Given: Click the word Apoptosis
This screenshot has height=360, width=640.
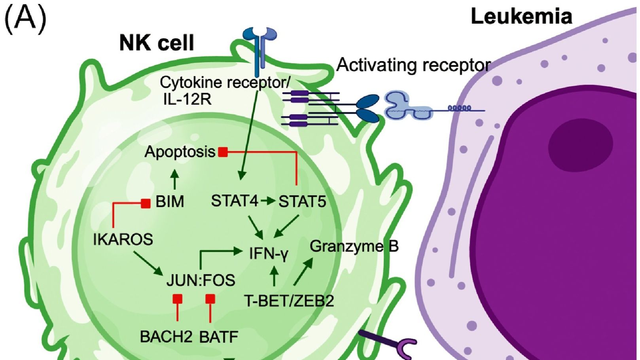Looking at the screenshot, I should click(x=180, y=152).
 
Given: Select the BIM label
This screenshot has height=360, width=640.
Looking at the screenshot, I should click(x=170, y=202).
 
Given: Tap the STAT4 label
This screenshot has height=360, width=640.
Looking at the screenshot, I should click(x=235, y=201).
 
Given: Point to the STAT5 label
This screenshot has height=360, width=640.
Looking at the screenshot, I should click(x=302, y=202).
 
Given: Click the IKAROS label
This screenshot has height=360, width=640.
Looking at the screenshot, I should click(x=123, y=239).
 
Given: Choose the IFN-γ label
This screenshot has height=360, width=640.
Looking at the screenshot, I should click(x=269, y=254).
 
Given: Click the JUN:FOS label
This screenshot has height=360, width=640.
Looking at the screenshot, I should click(x=201, y=280).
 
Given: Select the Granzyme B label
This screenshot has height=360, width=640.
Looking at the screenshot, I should click(x=354, y=246).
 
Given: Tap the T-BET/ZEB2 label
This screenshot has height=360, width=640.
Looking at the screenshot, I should click(x=289, y=301).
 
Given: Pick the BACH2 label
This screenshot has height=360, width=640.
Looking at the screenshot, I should click(x=166, y=337).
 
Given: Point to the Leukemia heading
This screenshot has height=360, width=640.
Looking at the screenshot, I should click(x=521, y=17).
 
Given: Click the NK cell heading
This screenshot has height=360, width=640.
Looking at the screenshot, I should click(x=157, y=43).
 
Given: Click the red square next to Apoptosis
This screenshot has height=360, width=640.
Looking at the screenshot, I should click(x=223, y=152).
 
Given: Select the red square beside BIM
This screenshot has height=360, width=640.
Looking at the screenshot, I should click(x=146, y=203).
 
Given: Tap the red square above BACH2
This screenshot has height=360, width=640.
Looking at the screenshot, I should click(x=177, y=299).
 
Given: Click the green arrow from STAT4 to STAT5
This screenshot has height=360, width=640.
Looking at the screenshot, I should click(x=268, y=201).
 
